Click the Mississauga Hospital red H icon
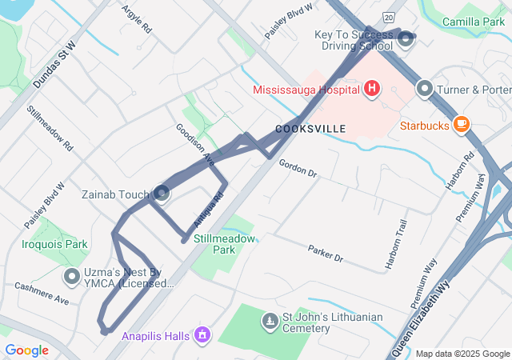(371, 89)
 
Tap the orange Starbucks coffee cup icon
(461, 124)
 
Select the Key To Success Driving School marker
(406, 38)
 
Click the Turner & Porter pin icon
(425, 89)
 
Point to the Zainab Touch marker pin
(162, 194)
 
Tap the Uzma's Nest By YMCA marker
(71, 278)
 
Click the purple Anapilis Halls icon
(202, 333)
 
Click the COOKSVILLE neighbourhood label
(310, 129)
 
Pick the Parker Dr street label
(325, 254)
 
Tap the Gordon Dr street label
(298, 168)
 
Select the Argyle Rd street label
(137, 18)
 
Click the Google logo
(26, 350)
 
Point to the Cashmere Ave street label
(41, 293)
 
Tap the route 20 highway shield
(389, 16)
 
